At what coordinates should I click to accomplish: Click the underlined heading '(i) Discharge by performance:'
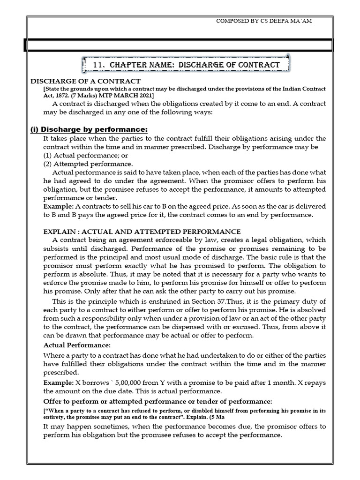(x=89, y=129)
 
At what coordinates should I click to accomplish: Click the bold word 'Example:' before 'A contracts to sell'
(x=57, y=206)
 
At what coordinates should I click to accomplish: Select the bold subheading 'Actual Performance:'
(x=77, y=345)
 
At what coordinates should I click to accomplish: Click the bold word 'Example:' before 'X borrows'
(x=57, y=383)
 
